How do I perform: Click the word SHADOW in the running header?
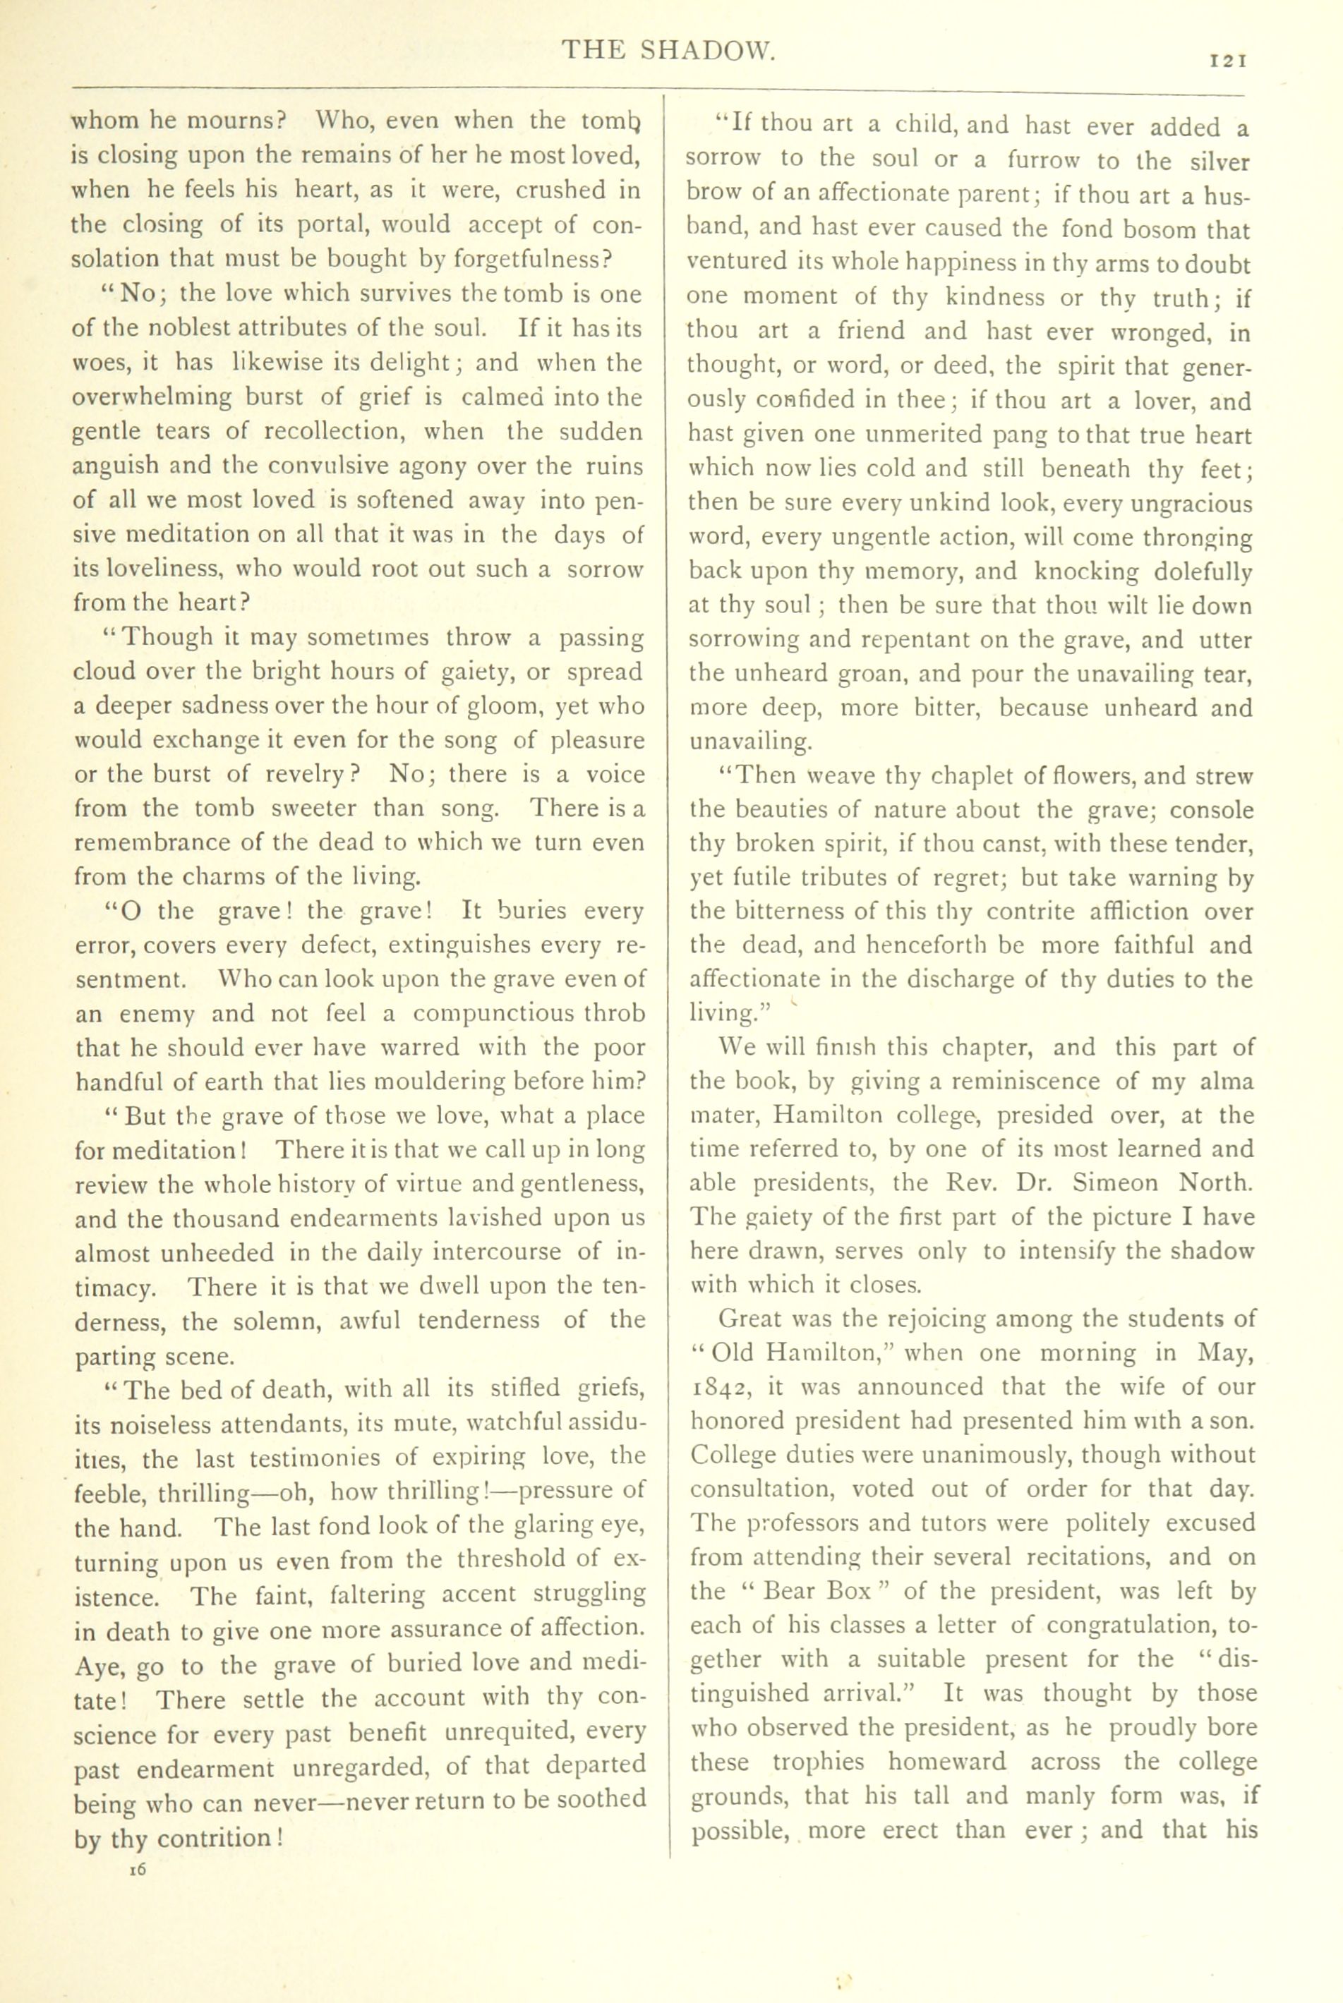(x=707, y=52)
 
